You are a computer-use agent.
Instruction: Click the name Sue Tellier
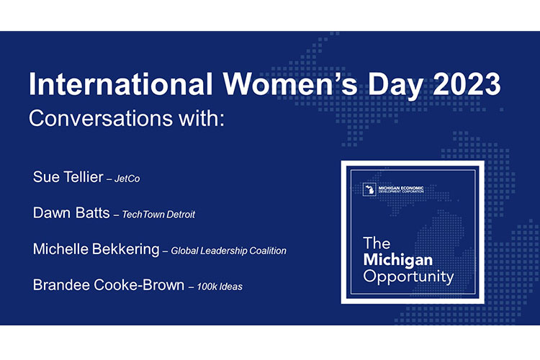coord(67,177)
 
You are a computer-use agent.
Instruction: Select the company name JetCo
coord(127,179)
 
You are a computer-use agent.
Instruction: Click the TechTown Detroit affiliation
coord(160,215)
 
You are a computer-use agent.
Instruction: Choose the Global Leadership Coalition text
coord(229,251)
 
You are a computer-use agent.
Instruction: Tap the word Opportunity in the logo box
coord(408,276)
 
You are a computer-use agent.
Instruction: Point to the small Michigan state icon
coord(369,190)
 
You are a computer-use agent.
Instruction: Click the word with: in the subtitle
coord(204,117)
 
